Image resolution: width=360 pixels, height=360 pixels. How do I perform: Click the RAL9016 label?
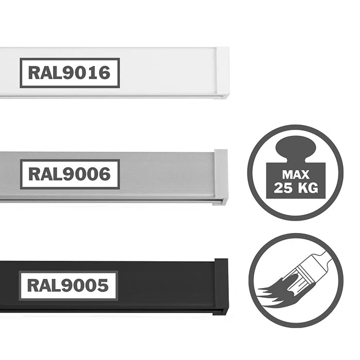[69, 73]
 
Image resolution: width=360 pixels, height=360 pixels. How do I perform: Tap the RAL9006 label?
[69, 174]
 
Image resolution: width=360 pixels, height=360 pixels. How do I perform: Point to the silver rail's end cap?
[221, 176]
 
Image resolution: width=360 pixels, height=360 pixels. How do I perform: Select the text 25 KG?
[296, 187]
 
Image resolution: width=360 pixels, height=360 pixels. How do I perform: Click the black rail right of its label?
[165, 285]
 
